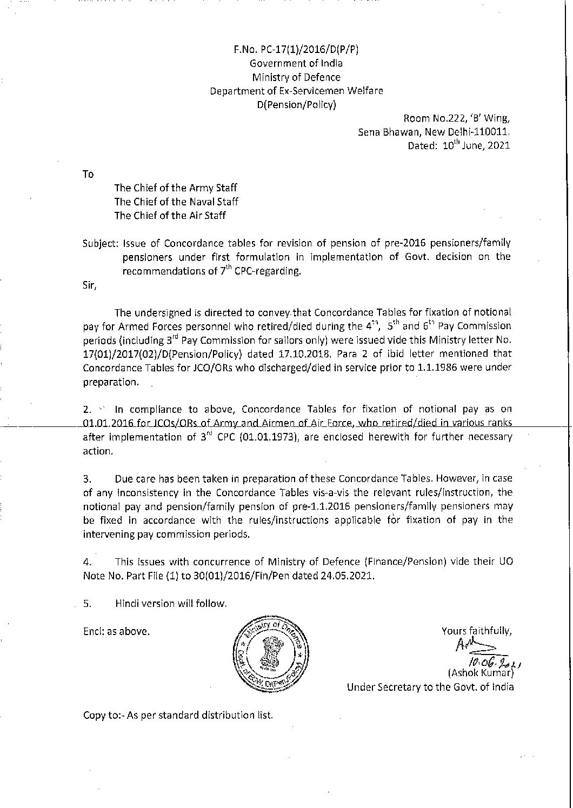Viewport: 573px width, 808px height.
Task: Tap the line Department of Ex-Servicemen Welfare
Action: coord(296,91)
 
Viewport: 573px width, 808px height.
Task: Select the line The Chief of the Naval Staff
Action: coord(176,202)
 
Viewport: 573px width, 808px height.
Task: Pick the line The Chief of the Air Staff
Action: coord(170,215)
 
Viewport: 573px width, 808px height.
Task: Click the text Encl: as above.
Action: coord(116,631)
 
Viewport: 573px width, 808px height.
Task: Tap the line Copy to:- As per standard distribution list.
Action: coord(178,715)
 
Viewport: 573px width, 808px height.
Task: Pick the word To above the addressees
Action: coord(88,174)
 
